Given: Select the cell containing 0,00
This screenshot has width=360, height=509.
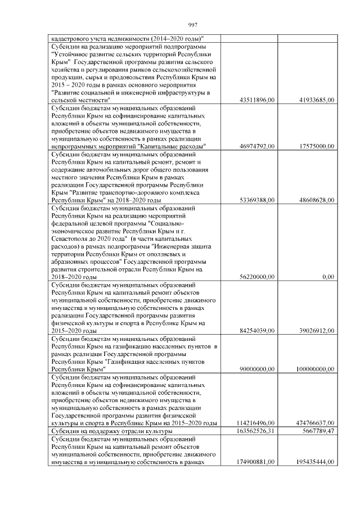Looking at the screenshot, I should [328, 277].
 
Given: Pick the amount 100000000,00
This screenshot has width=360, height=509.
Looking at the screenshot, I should [314, 369].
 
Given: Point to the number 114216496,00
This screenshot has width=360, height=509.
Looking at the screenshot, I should [254, 423].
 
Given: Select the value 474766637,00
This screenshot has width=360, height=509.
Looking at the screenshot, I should [314, 423].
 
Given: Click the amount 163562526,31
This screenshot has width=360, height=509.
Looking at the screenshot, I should [254, 431].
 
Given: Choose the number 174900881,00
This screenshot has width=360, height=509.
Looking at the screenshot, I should [254, 462].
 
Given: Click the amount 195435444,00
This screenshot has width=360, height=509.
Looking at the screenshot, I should [314, 462].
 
